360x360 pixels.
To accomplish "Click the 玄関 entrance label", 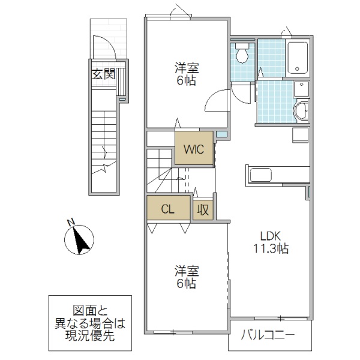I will (x=103, y=74).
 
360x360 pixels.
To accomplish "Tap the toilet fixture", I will (x=242, y=55).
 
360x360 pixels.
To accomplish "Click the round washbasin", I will (x=300, y=112).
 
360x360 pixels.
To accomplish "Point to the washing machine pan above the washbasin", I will (x=301, y=89).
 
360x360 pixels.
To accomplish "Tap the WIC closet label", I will (x=194, y=149).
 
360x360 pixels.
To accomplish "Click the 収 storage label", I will (x=203, y=210).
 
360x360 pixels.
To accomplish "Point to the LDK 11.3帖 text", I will (x=270, y=241).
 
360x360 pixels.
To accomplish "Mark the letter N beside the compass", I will (x=71, y=223).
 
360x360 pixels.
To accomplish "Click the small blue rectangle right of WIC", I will (x=221, y=134).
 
